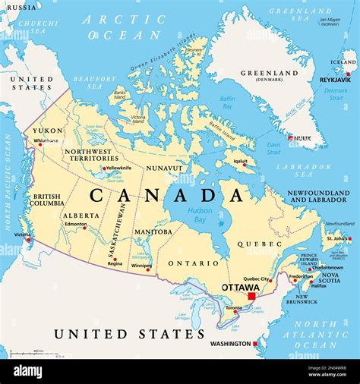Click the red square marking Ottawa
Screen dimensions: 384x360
tap(251, 295)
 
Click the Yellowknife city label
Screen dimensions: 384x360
tap(118, 168)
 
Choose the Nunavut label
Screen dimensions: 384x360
tap(164, 168)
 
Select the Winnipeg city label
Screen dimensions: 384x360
tap(142, 266)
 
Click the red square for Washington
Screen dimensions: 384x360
tap(256, 344)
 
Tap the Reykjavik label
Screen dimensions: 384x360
tap(334, 79)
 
